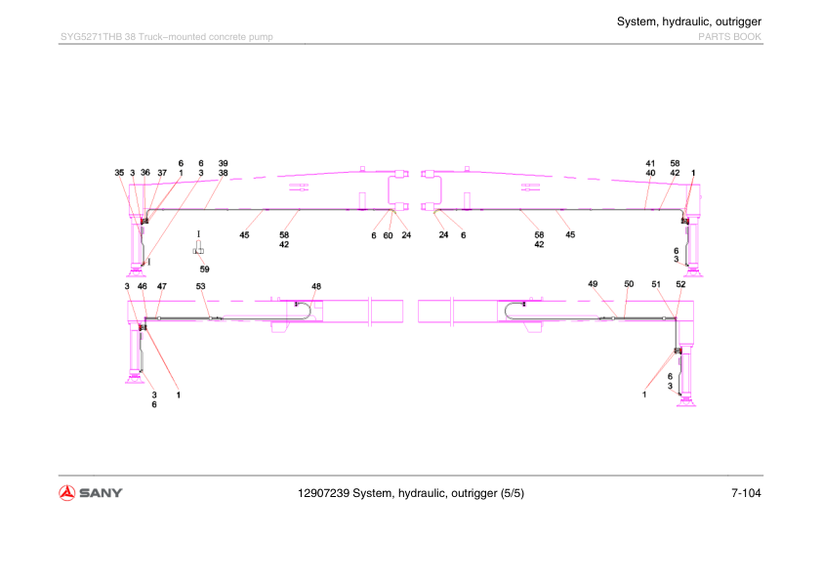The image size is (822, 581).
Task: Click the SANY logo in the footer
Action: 90,493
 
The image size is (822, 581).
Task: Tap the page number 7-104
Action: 746,493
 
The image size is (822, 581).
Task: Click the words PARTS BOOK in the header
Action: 729,37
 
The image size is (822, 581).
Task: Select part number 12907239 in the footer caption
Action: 323,493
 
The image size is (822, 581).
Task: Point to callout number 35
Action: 119,173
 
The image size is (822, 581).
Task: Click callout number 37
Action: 162,173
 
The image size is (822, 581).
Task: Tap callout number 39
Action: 223,163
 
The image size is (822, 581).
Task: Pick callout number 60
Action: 388,235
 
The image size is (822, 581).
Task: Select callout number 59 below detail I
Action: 204,269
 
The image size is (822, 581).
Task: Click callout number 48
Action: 316,286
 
